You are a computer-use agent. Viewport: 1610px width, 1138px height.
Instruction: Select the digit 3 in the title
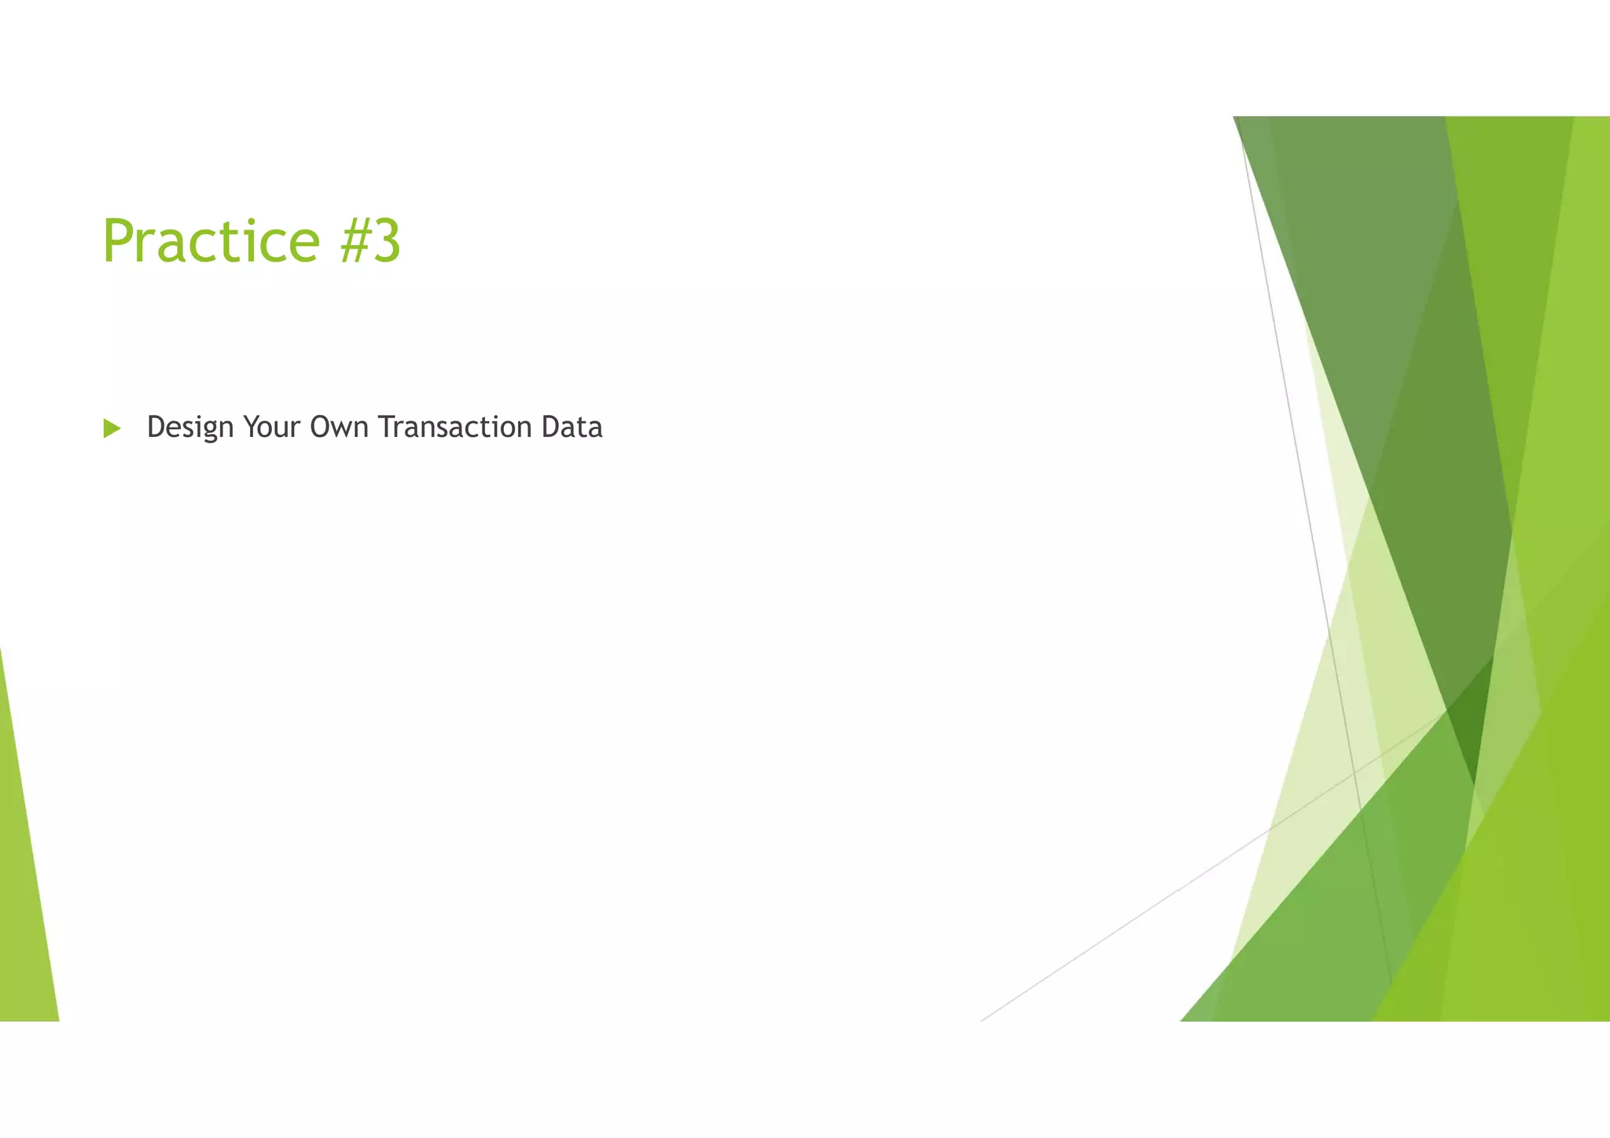tap(387, 241)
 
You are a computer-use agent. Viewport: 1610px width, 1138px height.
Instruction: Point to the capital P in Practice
tap(117, 241)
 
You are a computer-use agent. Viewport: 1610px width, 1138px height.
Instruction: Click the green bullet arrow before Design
tap(112, 428)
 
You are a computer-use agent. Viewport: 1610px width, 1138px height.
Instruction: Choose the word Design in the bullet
tap(190, 428)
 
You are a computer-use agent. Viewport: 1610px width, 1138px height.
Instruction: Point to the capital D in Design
tap(156, 427)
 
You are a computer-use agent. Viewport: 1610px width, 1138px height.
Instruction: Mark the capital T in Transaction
tap(385, 427)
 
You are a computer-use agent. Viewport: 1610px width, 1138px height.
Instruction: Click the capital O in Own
tap(319, 427)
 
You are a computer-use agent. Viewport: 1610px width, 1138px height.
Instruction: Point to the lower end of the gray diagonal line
tap(983, 1019)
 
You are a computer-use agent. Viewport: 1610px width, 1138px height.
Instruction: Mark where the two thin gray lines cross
tap(1355, 774)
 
